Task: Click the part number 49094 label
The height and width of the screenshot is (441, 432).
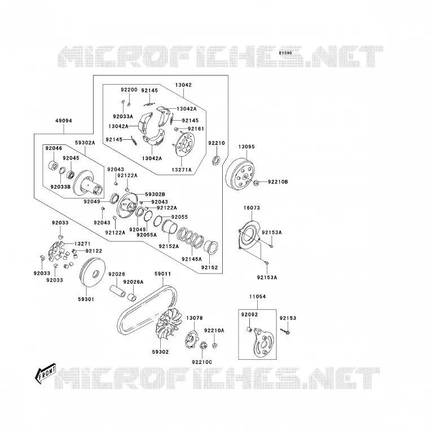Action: [x=64, y=121]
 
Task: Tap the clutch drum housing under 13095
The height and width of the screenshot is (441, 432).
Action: [x=240, y=174]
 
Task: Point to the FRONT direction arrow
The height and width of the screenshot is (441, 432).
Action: [x=45, y=373]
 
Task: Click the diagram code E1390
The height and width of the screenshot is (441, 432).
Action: [x=285, y=53]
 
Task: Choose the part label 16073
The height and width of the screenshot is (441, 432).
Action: [x=252, y=208]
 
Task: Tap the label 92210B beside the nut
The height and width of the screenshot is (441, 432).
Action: [x=278, y=182]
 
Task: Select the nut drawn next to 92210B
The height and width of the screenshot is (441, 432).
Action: [x=255, y=183]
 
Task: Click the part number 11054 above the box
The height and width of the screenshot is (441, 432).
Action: [x=257, y=297]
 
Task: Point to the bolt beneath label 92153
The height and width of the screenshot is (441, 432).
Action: [x=285, y=332]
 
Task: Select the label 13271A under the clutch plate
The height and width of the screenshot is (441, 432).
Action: [x=182, y=170]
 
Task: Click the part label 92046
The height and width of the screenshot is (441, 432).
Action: [x=54, y=148]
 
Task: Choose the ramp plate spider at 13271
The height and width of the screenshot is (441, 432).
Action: [x=56, y=251]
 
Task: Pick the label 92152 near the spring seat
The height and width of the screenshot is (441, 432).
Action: [x=210, y=267]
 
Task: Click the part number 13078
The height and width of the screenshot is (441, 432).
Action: [x=195, y=318]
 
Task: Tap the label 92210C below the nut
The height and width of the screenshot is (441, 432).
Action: [x=202, y=362]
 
